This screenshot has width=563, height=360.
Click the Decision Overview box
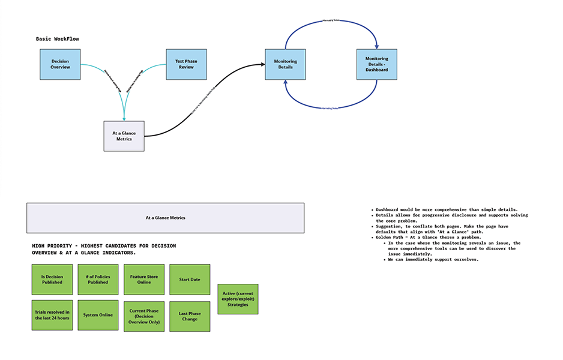coord(60,64)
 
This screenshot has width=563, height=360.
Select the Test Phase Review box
coord(185,64)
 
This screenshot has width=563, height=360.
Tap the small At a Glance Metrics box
coord(124,136)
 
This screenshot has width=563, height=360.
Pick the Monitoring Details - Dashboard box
coord(377,64)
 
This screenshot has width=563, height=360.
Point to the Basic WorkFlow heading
coord(57,38)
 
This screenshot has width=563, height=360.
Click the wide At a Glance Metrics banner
coord(165,218)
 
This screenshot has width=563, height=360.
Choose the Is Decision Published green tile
coord(52,279)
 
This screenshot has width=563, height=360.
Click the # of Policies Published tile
coord(98,279)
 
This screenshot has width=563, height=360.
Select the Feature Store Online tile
coord(144,279)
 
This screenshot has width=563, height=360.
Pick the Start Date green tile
coord(190,279)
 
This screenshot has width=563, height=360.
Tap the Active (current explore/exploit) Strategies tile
coord(238,299)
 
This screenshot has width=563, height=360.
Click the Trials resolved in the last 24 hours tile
coord(52,315)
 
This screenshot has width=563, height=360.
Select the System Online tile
coord(98,315)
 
